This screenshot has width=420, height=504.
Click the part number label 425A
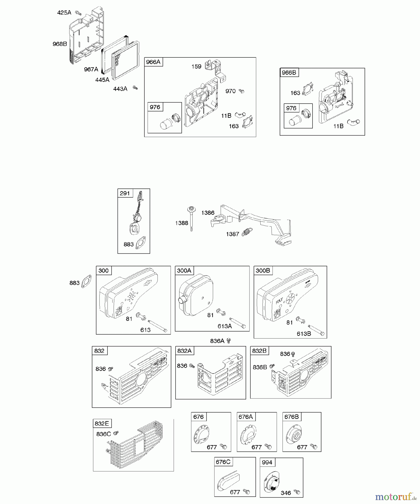click(64, 13)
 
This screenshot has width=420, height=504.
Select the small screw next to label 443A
click(136, 88)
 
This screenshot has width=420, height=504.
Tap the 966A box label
click(153, 62)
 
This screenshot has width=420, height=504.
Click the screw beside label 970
click(242, 91)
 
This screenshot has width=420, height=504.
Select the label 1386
click(208, 213)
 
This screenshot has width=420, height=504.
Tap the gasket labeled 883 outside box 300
click(86, 281)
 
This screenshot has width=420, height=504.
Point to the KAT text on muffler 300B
click(279, 302)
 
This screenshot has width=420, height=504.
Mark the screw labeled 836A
click(228, 341)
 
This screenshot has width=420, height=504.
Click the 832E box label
click(102, 423)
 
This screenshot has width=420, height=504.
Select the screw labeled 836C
click(116, 433)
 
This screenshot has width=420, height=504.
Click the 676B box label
click(291, 417)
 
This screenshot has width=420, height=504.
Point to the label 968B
click(60, 44)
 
